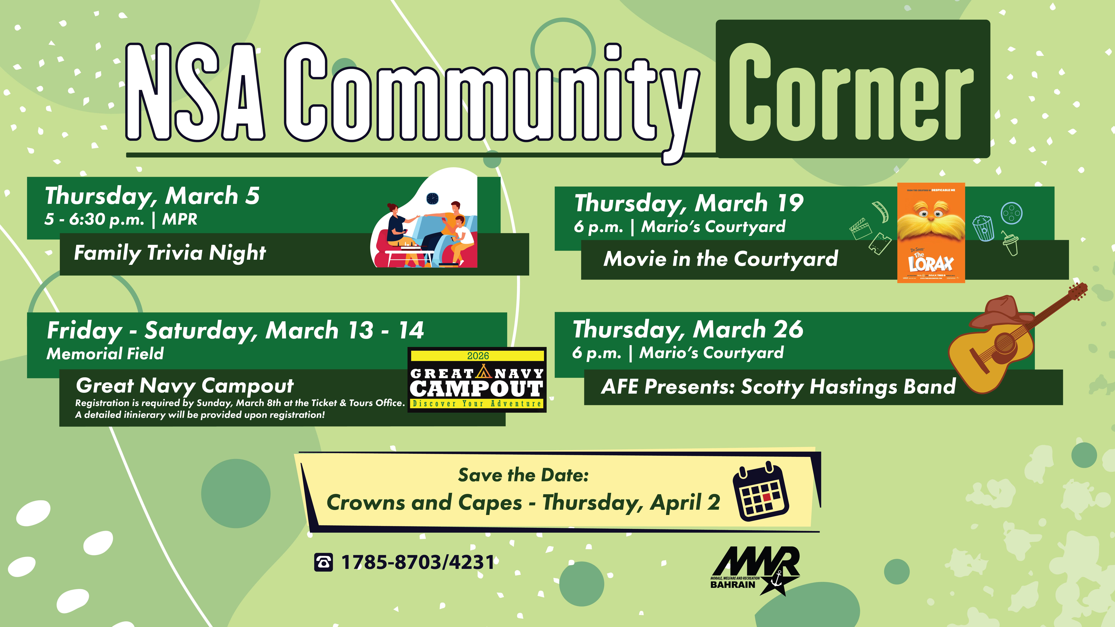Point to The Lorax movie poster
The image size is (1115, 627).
931,233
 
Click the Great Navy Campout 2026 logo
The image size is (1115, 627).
477,380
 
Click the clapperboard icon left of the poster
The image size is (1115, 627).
861,228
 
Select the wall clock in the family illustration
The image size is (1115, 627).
432,199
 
